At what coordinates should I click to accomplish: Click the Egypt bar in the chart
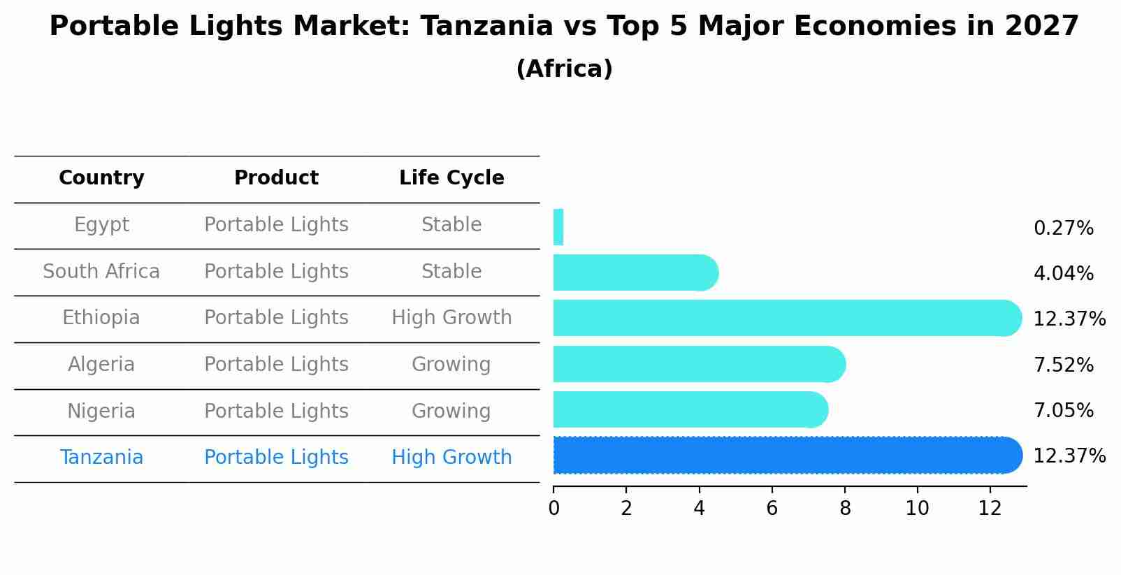click(558, 227)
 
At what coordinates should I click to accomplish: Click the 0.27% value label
click(1063, 228)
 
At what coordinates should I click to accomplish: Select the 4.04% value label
click(1063, 274)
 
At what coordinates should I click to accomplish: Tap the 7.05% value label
click(1063, 410)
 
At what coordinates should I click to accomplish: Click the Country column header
click(101, 178)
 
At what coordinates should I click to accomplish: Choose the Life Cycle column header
click(451, 178)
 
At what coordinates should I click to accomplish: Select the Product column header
click(276, 178)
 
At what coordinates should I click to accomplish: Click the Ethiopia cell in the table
click(101, 318)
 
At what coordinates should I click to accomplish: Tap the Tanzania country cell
click(101, 458)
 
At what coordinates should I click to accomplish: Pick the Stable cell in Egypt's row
click(451, 225)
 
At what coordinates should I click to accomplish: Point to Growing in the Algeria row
click(451, 365)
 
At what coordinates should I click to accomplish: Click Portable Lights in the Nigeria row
click(276, 412)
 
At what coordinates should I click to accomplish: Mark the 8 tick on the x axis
click(845, 509)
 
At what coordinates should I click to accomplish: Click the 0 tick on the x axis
click(554, 509)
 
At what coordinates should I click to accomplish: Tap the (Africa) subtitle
click(564, 69)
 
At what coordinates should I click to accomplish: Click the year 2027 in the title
click(1041, 27)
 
